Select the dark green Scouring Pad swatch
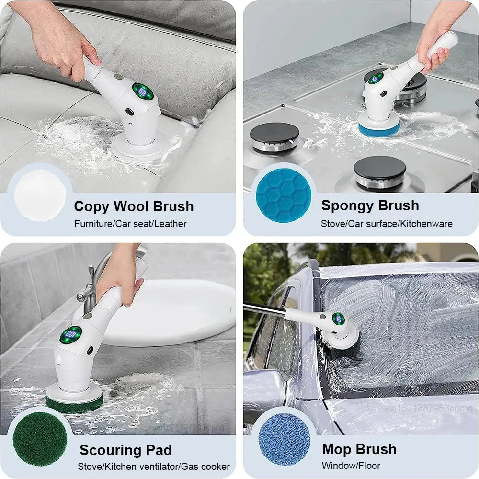pos(40,439)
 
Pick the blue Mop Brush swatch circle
pos(284,439)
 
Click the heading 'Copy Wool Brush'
pos(134,206)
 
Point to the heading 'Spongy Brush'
pos(370,205)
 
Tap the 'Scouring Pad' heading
pos(125,450)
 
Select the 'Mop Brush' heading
pos(359,449)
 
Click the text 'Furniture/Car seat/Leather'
pos(130,224)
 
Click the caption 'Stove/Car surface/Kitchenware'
pos(387,224)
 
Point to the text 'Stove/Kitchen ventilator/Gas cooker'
pos(154,467)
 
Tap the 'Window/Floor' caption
pos(351,466)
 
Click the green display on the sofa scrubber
pos(143,91)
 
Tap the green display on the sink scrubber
pos(71,334)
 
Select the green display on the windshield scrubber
pos(338,319)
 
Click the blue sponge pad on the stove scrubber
pos(379,129)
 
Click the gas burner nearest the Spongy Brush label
pos(380,172)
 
